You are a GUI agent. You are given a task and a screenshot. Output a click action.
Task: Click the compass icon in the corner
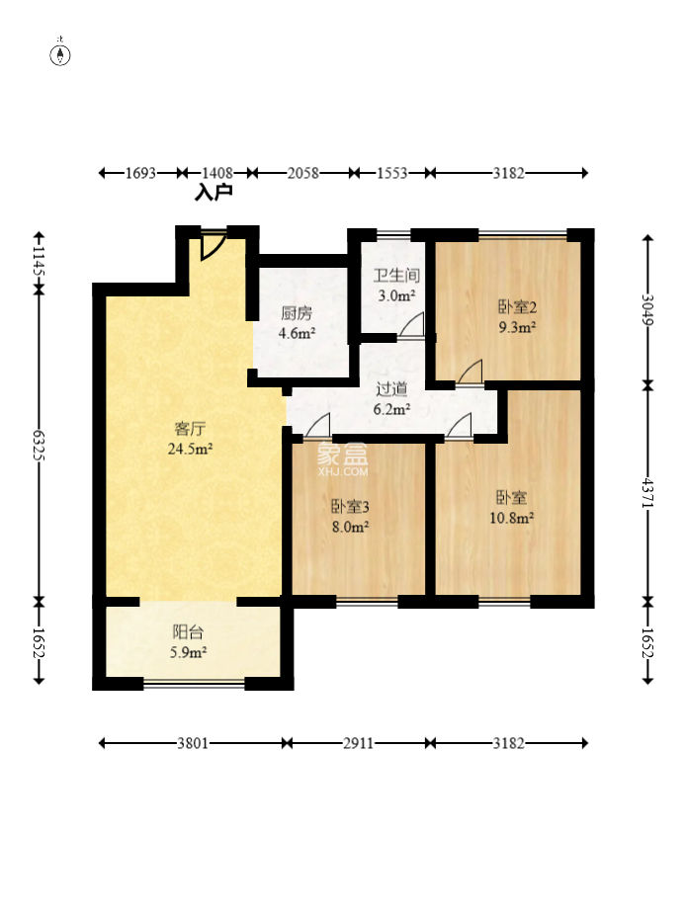pos(61,54)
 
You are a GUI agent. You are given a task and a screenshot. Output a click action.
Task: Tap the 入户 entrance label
pos(214,193)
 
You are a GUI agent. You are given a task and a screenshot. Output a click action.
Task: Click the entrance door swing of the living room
pos(211,246)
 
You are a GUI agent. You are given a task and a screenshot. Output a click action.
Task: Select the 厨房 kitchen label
pos(297,313)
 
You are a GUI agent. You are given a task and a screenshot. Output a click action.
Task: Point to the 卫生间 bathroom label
pos(396,275)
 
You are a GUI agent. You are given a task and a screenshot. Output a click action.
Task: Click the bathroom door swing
pos(412,325)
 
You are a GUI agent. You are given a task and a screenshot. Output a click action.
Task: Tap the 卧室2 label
pos(517,306)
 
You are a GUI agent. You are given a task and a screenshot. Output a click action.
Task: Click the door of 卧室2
pos(471,373)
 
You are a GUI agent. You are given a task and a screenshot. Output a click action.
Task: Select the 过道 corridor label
pos(390,389)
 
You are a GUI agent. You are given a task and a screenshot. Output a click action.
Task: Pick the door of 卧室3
pos(318,425)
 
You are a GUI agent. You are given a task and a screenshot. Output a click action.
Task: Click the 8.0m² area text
pos(350,527)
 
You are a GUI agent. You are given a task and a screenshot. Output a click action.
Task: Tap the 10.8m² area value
pos(511,518)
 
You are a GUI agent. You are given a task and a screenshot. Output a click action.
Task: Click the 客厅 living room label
pos(190,429)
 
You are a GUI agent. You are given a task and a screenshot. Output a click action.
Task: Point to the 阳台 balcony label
pos(188,632)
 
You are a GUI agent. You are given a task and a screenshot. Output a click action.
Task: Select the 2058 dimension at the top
pos(302,173)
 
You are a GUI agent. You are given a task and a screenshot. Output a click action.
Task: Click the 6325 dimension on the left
pos(39,446)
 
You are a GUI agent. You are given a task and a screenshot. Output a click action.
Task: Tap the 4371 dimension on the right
pos(647,494)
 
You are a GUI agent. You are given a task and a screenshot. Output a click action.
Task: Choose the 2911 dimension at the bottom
pos(358,743)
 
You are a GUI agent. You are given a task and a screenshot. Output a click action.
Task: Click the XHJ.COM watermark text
pos(343,471)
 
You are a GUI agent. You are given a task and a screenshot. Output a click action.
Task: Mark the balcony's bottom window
pos(194,684)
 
